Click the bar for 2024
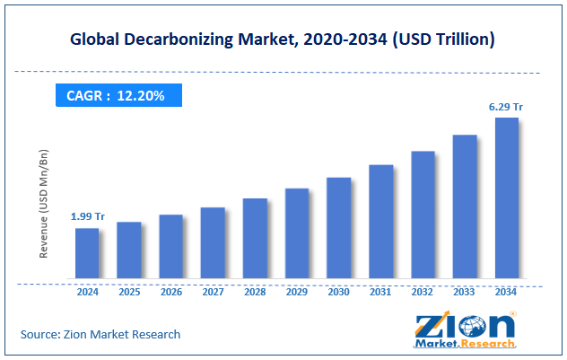(x=87, y=253)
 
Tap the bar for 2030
(x=338, y=228)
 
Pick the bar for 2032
(x=423, y=215)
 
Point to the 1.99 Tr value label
(x=86, y=216)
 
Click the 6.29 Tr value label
(x=506, y=107)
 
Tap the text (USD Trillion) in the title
(x=449, y=40)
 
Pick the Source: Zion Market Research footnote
(x=100, y=334)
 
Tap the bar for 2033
(x=464, y=206)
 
